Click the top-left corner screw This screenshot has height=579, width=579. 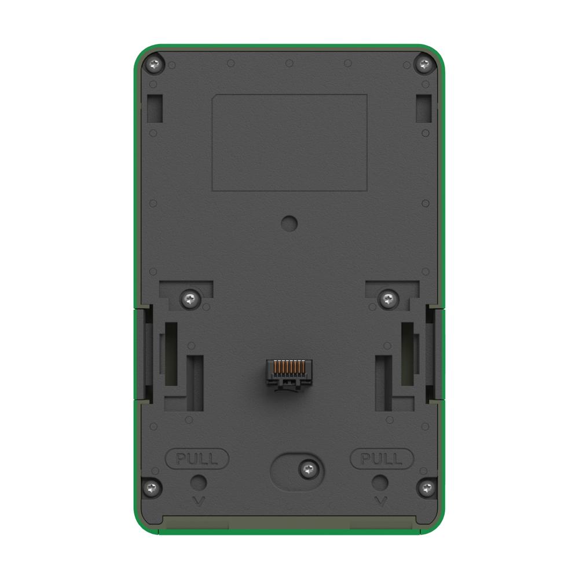point(155,65)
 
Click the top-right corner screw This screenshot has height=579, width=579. point(424,65)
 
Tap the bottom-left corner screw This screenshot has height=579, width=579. point(151,488)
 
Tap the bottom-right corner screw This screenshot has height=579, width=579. point(427,488)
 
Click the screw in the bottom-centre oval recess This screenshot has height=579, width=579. point(309,470)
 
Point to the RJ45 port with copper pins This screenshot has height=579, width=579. point(289,373)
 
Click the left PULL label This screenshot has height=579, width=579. point(197,459)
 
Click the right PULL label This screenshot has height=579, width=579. point(382,459)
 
